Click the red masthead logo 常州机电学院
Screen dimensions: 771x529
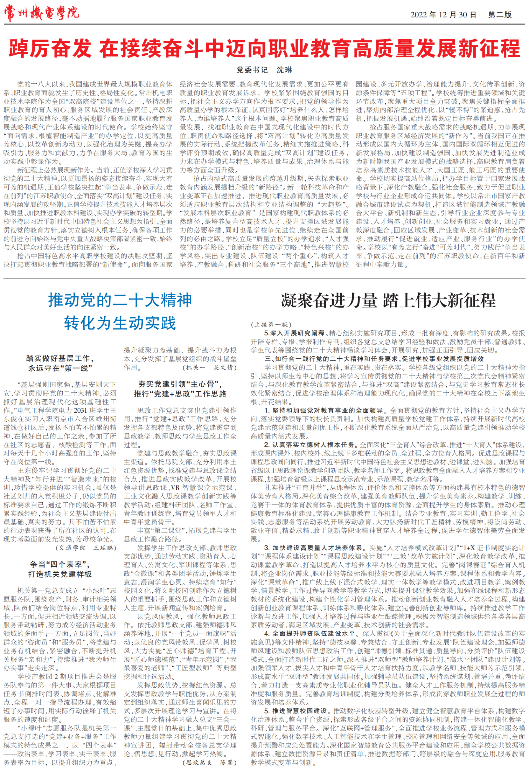click(42, 13)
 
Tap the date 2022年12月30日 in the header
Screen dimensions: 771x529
click(443, 15)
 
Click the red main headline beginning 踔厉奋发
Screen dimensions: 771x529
click(264, 48)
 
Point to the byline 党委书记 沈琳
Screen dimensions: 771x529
click(264, 70)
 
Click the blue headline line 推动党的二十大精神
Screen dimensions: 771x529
click(120, 300)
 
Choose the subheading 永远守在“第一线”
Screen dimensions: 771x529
click(60, 368)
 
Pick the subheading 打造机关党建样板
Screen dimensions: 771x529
click(60, 574)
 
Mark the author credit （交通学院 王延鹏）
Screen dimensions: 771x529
click(86, 548)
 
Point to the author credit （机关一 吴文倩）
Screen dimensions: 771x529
click(209, 367)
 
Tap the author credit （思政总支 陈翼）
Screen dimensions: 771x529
click(209, 762)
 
